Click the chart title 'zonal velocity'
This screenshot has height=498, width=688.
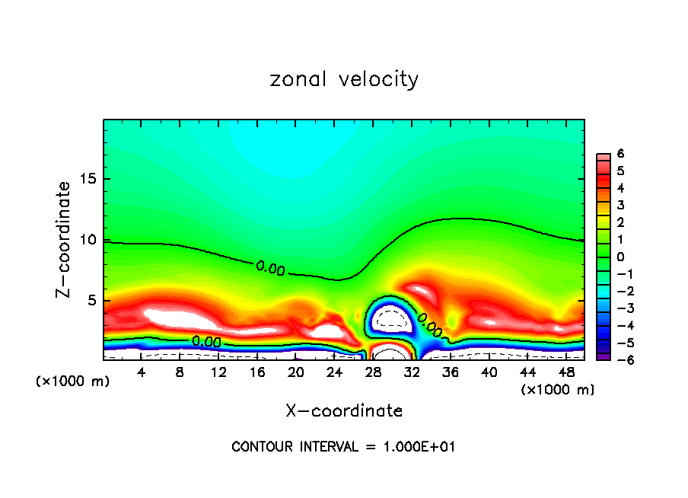[344, 79]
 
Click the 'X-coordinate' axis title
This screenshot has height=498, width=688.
[344, 411]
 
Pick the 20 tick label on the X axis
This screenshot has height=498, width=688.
[296, 372]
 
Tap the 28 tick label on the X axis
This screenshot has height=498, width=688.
[373, 372]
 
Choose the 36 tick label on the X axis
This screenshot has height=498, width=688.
[450, 372]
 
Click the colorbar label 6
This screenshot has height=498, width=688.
[620, 154]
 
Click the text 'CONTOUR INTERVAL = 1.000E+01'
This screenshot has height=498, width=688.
[344, 447]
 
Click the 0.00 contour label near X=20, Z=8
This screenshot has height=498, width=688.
[271, 267]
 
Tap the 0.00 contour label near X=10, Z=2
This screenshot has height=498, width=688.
[206, 342]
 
